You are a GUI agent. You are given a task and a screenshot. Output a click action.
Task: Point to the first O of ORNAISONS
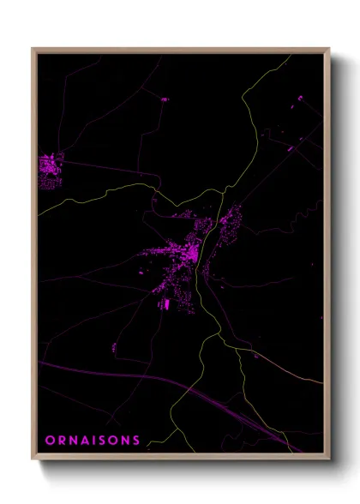click(50, 441)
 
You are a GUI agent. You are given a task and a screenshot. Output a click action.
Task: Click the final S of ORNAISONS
click(136, 441)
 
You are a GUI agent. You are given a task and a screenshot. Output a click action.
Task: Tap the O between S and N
click(115, 441)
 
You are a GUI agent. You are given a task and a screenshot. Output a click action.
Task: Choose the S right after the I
click(104, 441)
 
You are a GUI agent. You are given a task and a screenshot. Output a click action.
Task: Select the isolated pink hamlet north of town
click(164, 99)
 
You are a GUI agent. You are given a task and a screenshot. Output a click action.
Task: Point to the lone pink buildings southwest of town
click(114, 347)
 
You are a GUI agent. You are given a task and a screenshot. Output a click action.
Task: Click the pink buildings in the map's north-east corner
click(299, 106)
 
